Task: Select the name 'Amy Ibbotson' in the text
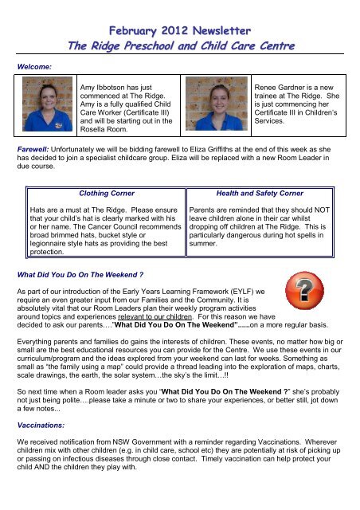tap(119, 83)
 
